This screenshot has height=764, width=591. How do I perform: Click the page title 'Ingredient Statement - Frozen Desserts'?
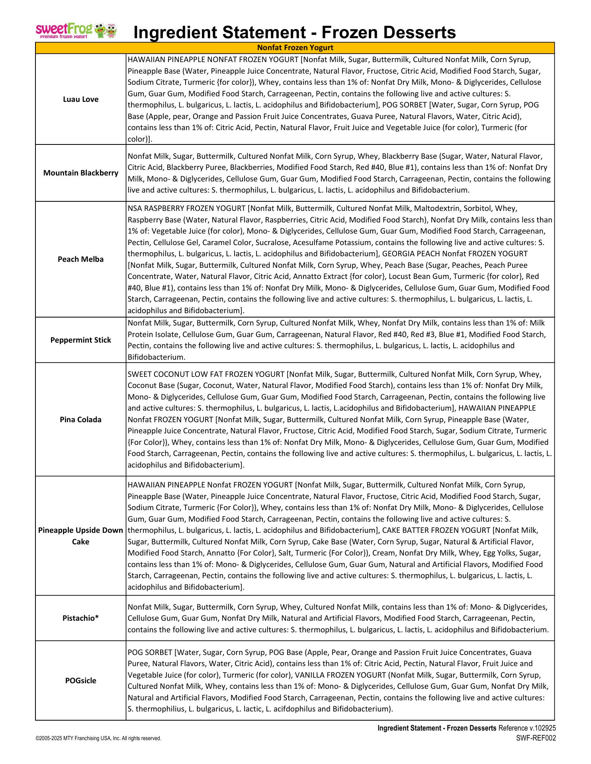[x=294, y=32]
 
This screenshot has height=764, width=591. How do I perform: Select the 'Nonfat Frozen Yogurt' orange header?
[x=295, y=48]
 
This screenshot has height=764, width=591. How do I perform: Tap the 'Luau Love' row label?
[x=80, y=99]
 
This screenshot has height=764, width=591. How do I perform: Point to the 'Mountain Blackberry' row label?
[x=80, y=173]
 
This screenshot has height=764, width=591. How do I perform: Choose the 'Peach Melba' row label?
[x=80, y=259]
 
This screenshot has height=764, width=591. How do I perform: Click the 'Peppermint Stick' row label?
[x=80, y=340]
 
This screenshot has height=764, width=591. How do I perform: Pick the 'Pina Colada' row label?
[x=80, y=419]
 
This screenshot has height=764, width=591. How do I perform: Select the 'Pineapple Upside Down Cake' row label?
[x=80, y=536]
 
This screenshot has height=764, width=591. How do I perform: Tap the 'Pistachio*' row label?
[x=80, y=618]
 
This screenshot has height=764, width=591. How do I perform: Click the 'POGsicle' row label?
[x=80, y=681]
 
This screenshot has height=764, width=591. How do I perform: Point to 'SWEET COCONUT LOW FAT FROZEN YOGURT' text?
[x=206, y=374]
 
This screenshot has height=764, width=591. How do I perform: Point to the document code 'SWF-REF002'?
[x=536, y=738]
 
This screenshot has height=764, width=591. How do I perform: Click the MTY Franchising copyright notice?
[x=98, y=738]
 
